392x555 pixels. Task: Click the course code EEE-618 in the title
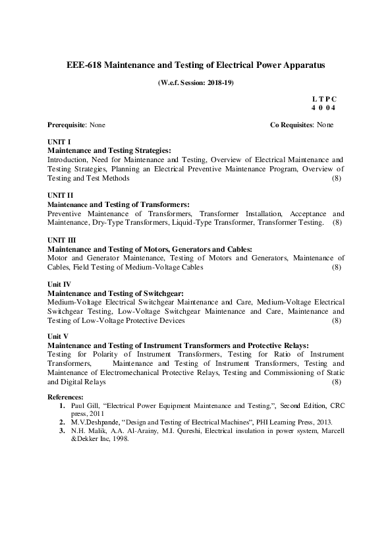pos(84,65)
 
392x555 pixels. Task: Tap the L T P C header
pos(323,98)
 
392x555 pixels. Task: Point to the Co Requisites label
pos(292,125)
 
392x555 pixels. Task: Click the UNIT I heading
pos(59,142)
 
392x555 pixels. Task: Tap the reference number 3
pos(62,430)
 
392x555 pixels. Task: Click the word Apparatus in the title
pos(305,65)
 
